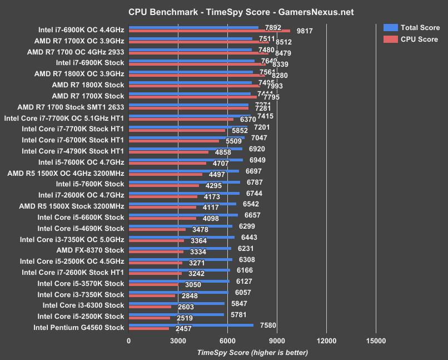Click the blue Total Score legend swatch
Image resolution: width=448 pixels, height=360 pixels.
(x=390, y=27)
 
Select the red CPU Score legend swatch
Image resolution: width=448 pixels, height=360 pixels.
(x=390, y=39)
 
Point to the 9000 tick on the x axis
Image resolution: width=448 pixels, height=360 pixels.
(x=276, y=341)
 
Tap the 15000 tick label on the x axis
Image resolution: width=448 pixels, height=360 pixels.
(x=375, y=341)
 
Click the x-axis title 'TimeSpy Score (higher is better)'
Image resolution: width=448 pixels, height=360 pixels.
(x=252, y=352)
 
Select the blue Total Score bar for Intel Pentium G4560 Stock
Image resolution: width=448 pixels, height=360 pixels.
(x=191, y=326)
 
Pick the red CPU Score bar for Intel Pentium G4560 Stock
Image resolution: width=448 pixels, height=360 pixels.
(x=148, y=329)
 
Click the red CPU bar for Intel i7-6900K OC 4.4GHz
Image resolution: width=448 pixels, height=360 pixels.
(x=209, y=31)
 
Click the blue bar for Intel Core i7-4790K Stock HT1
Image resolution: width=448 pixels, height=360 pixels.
(x=185, y=149)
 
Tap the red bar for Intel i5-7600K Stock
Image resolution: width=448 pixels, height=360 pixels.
(x=163, y=185)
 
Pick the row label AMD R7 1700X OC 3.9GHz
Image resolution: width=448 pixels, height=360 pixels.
(x=79, y=41)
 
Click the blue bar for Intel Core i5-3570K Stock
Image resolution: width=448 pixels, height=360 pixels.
(x=178, y=281)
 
